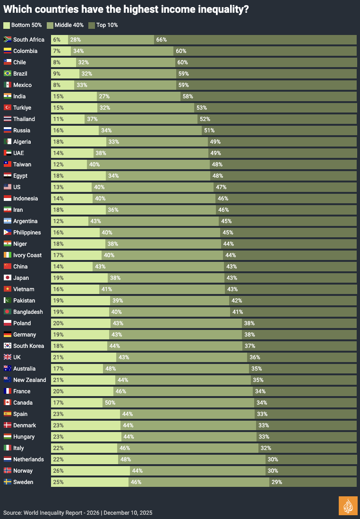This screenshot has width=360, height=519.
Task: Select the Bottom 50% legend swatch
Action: click(6, 25)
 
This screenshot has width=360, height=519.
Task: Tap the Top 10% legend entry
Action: click(103, 25)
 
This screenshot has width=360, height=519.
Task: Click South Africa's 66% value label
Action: click(161, 40)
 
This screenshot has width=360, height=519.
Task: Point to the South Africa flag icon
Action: click(8, 40)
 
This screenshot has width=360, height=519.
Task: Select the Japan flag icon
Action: click(8, 278)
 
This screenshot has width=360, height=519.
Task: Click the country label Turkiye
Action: click(22, 108)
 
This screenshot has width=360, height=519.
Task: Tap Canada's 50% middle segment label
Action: click(110, 403)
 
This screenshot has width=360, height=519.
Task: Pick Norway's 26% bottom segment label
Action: click(58, 471)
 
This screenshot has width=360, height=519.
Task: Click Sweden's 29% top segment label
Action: click(277, 482)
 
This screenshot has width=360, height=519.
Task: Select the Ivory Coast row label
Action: click(27, 255)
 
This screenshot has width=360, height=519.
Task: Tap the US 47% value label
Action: click(221, 187)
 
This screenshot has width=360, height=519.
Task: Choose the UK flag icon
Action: click(8, 357)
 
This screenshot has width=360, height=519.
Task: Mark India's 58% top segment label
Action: click(188, 96)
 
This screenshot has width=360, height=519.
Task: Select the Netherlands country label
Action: click(28, 459)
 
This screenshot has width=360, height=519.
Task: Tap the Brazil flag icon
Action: click(8, 74)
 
